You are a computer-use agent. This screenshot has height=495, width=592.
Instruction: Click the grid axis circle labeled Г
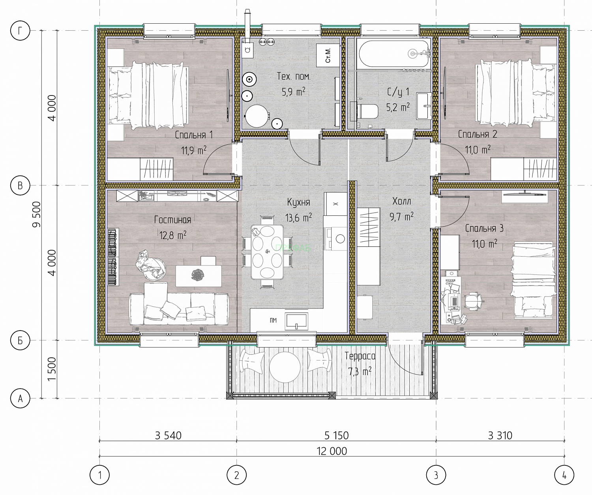[20, 30]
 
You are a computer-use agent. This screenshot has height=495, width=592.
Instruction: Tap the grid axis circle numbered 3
[436, 475]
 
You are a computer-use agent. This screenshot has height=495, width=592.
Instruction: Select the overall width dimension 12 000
[332, 451]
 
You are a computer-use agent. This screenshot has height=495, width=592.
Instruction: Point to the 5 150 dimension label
[337, 435]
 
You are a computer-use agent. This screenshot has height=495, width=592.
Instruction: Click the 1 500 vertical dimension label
[52, 369]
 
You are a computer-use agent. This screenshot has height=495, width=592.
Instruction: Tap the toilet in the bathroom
[368, 111]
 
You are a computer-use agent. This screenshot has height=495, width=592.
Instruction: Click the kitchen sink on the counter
[297, 321]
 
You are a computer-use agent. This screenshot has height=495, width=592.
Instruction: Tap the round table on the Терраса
[285, 367]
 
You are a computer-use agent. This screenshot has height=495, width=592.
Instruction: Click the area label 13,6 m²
[298, 218]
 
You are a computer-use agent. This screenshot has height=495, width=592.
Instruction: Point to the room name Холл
[401, 202]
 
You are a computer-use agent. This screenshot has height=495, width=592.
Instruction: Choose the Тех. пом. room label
[294, 76]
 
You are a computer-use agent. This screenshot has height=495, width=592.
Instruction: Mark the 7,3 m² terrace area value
[360, 371]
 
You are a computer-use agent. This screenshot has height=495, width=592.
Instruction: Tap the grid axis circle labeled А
[20, 398]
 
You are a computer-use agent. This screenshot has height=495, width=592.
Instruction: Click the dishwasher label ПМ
[273, 320]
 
